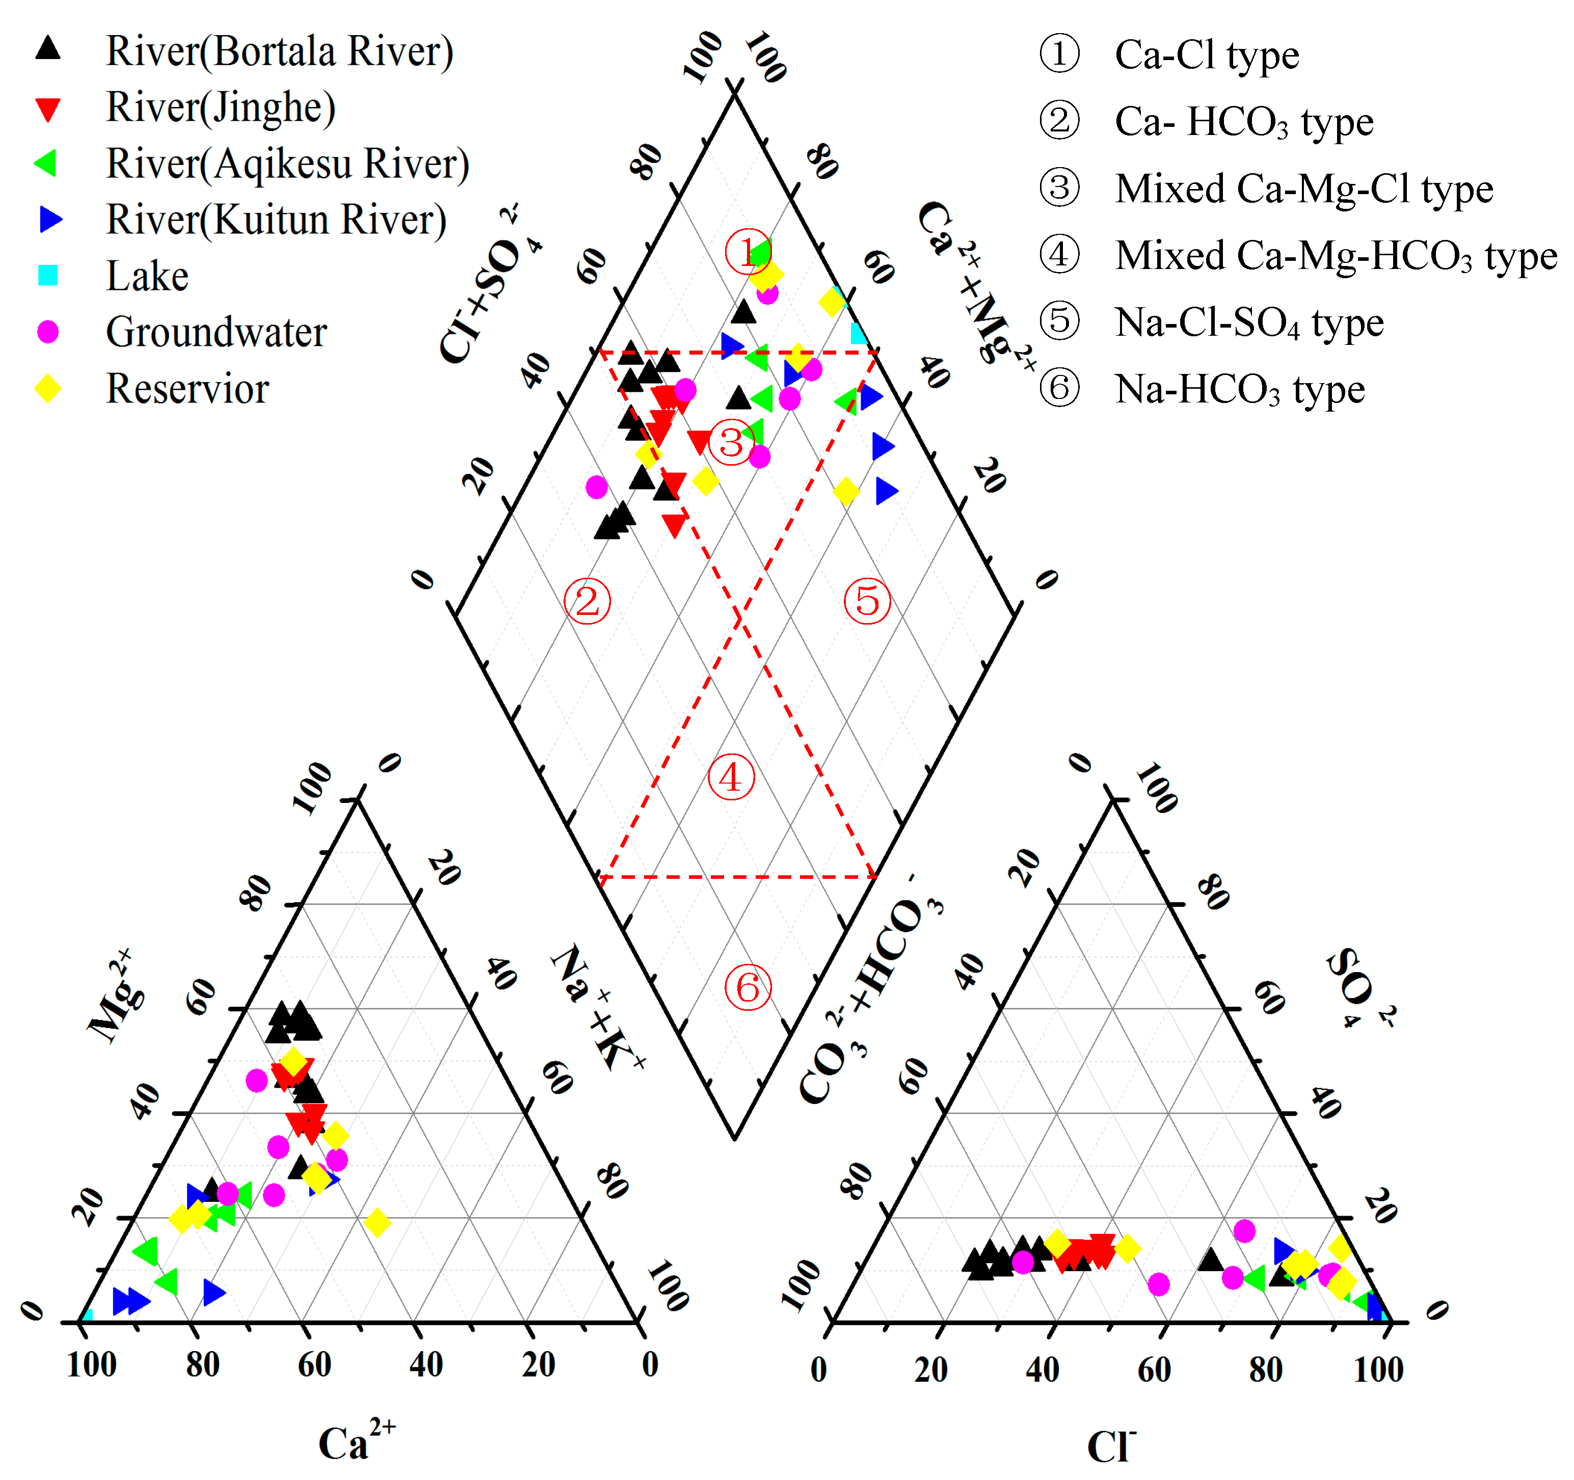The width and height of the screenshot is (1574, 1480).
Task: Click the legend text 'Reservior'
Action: [188, 389]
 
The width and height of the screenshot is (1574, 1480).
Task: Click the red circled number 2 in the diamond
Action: [586, 602]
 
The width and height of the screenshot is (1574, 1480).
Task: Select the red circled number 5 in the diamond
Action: [867, 602]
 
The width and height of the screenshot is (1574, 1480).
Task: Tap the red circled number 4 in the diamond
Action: [731, 777]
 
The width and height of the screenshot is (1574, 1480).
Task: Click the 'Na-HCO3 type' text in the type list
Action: [1240, 389]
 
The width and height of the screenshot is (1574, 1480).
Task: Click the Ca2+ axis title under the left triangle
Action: [356, 1442]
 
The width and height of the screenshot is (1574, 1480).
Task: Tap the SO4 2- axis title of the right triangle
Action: [1360, 988]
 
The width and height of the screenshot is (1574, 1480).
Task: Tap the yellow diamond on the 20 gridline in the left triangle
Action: [377, 1223]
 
